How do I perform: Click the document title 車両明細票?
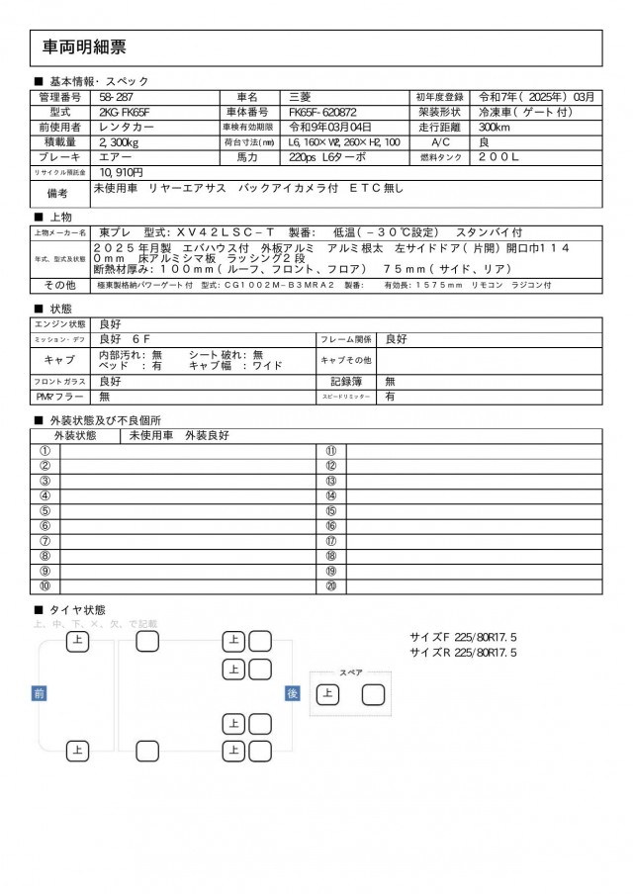point(84,47)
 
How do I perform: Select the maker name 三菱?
point(299,98)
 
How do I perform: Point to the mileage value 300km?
point(494,128)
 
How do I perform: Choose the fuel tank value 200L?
point(498,157)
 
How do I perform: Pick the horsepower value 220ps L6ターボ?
point(327,157)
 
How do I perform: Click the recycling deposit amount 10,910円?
point(123,172)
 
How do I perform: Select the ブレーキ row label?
point(60,157)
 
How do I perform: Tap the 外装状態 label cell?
point(75,435)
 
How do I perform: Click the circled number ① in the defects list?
point(45,451)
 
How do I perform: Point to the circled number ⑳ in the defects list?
point(331,586)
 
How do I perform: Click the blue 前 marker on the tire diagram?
point(40,694)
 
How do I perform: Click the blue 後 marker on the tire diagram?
point(292,694)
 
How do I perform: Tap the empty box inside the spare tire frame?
point(373,694)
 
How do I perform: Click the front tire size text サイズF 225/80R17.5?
point(463,638)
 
